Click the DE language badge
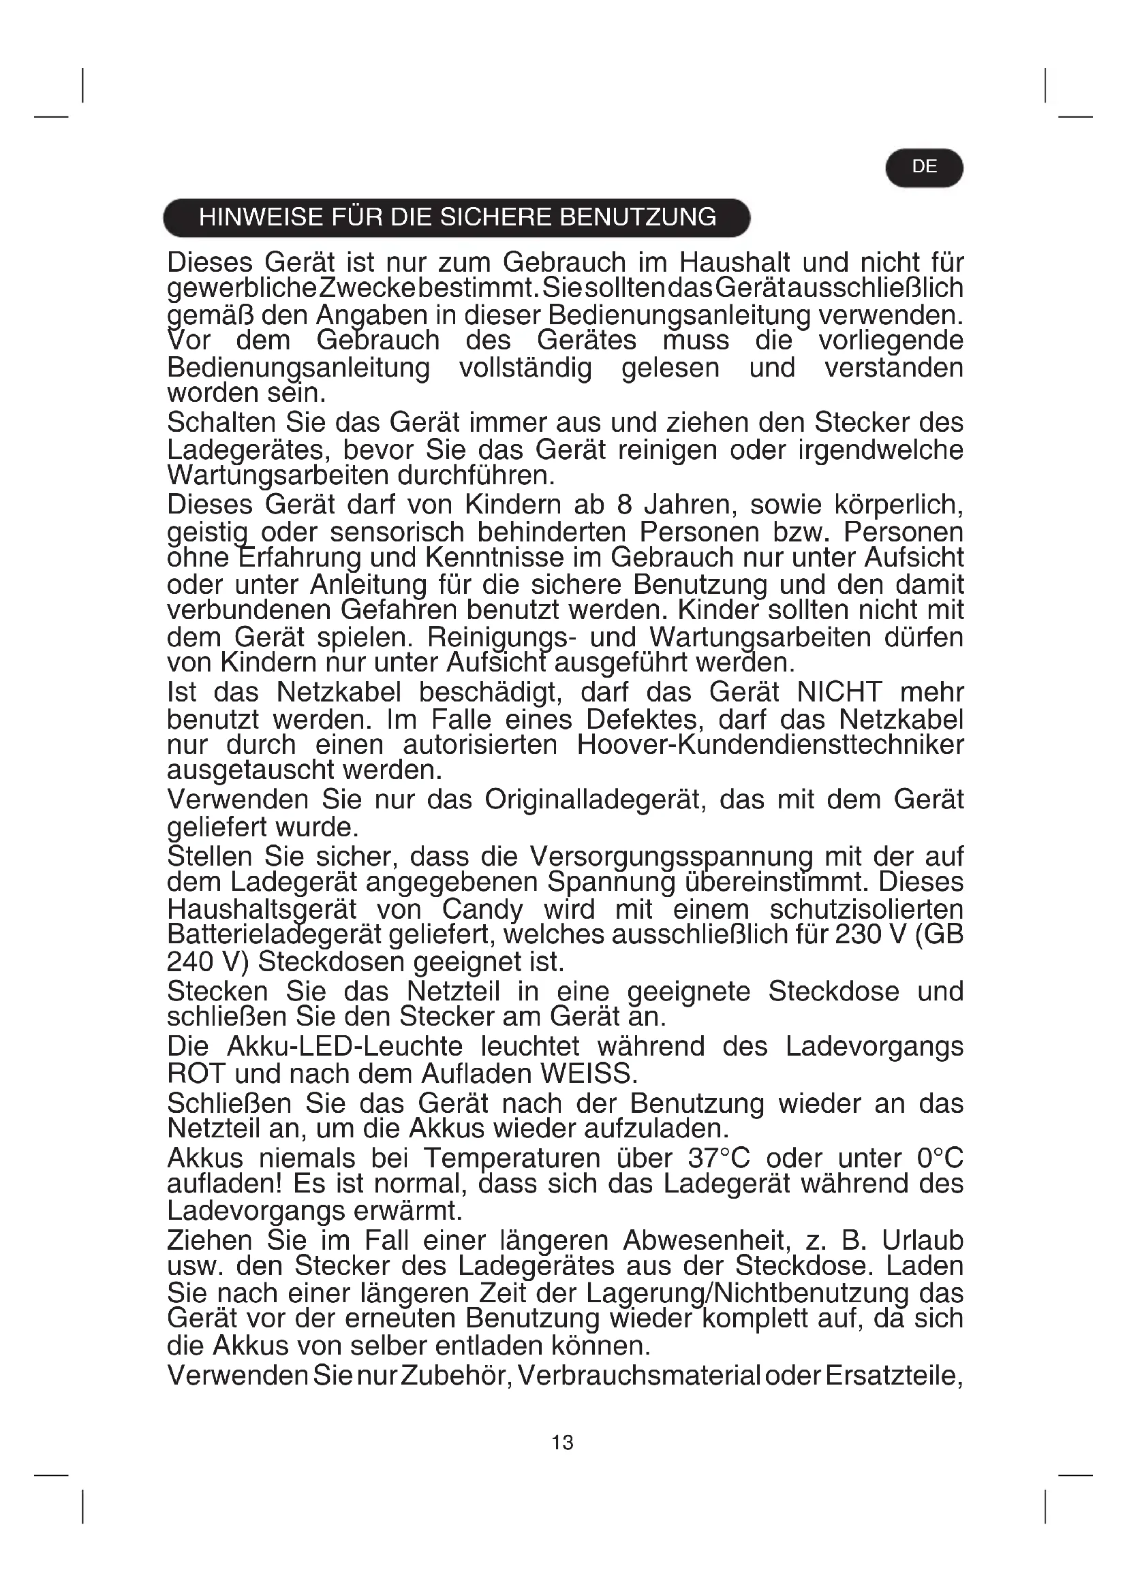tap(924, 168)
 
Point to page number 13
tap(562, 1443)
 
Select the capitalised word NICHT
tap(839, 693)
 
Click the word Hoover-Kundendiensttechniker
tap(771, 745)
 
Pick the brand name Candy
tap(482, 909)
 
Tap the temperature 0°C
tap(940, 1158)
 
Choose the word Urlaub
tap(923, 1240)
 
